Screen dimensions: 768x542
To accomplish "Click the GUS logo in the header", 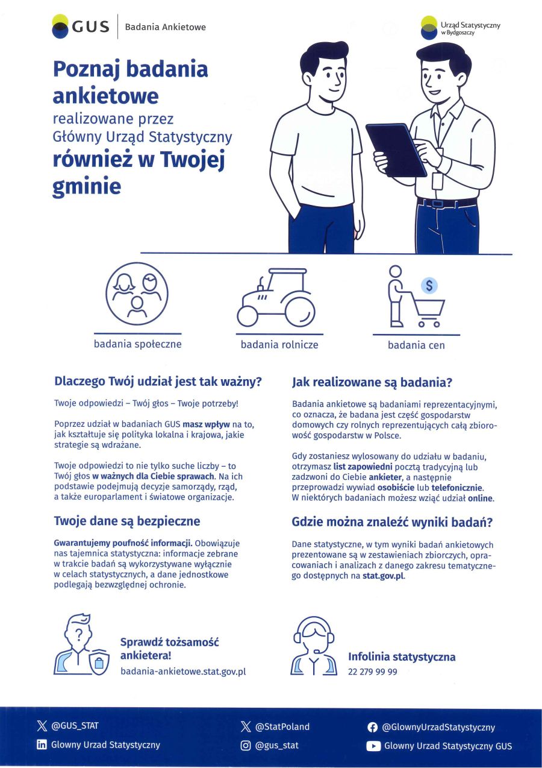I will point(80,27).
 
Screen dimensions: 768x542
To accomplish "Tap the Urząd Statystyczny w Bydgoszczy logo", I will point(461,27).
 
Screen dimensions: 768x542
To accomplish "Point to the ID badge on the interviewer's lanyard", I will point(438,180).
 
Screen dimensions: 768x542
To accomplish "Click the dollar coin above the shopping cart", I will point(429,285).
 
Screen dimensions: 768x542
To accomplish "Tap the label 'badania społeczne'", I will point(137,344).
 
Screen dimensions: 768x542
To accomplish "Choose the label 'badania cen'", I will point(416,345).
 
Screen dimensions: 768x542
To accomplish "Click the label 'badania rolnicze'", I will point(279,345).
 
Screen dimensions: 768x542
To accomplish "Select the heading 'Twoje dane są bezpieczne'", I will point(127,521).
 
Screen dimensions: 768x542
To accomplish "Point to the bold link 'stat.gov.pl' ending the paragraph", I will point(384,576).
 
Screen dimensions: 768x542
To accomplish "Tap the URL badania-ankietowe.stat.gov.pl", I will point(183,672).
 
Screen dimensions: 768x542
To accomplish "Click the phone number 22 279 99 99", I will point(372,672).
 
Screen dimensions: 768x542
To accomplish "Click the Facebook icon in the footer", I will point(373,728).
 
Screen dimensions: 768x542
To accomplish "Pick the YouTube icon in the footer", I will point(373,746).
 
